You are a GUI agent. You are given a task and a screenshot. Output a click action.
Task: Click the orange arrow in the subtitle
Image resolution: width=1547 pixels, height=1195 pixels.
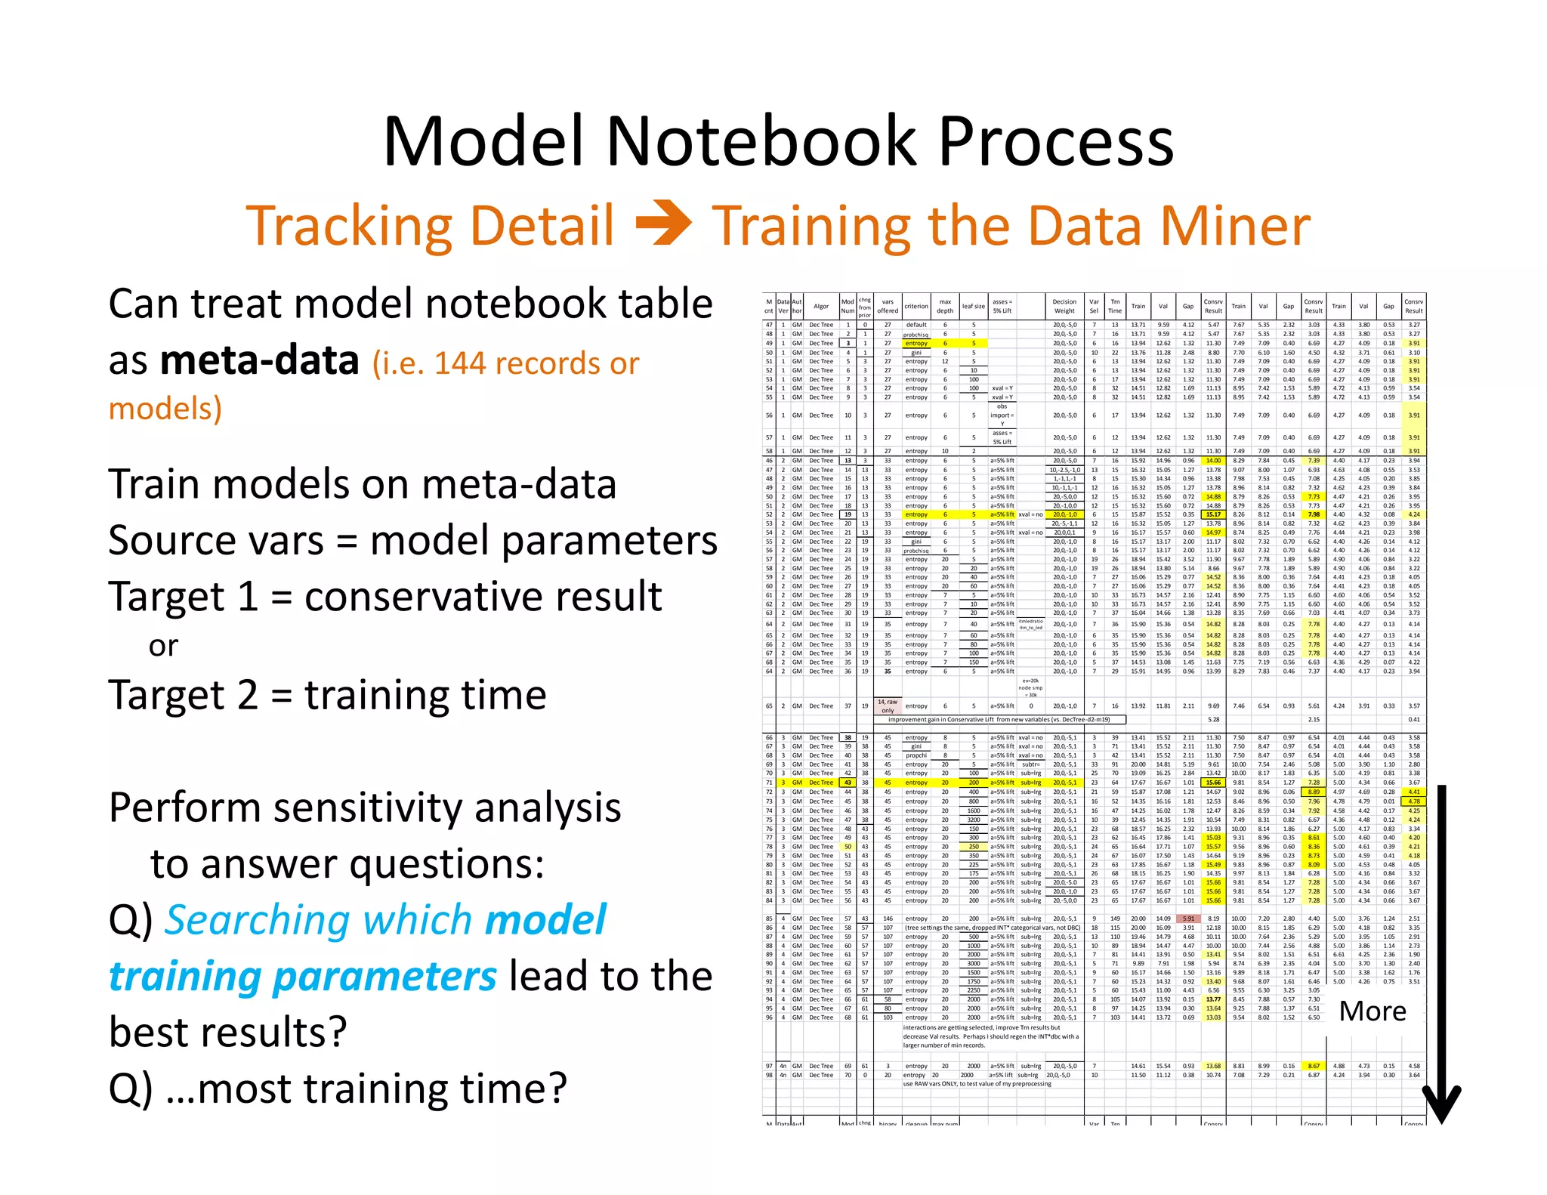pyautogui.click(x=663, y=224)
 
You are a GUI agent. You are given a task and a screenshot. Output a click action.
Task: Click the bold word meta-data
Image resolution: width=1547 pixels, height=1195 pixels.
pyautogui.click(x=259, y=360)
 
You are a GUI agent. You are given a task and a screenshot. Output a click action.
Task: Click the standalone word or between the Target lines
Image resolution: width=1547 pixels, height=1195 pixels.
pyautogui.click(x=163, y=647)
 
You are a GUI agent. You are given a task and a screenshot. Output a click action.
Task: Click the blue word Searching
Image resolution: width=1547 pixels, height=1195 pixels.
pyautogui.click(x=318, y=920)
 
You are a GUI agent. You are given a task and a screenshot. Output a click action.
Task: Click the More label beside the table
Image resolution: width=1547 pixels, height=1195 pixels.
pyautogui.click(x=1372, y=1011)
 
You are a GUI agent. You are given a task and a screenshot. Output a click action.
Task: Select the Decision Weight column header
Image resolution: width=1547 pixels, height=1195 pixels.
pyautogui.click(x=1064, y=306)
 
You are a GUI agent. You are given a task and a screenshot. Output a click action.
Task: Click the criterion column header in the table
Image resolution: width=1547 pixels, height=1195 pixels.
pyautogui.click(x=916, y=307)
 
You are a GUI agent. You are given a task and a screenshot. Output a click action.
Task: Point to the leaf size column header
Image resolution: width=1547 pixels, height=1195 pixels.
pyautogui.click(x=973, y=307)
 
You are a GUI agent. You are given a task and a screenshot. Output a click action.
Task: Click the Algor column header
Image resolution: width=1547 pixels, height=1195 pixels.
pyautogui.click(x=820, y=307)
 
